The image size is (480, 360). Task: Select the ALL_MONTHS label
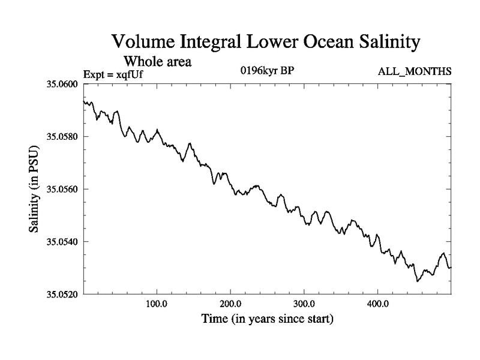[415, 72]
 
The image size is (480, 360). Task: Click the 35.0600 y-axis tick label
[62, 84]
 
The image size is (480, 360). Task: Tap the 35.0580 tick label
[62, 137]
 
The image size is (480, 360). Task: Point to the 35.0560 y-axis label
[62, 189]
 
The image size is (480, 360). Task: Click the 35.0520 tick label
[62, 294]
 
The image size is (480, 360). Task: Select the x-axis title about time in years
[268, 319]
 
